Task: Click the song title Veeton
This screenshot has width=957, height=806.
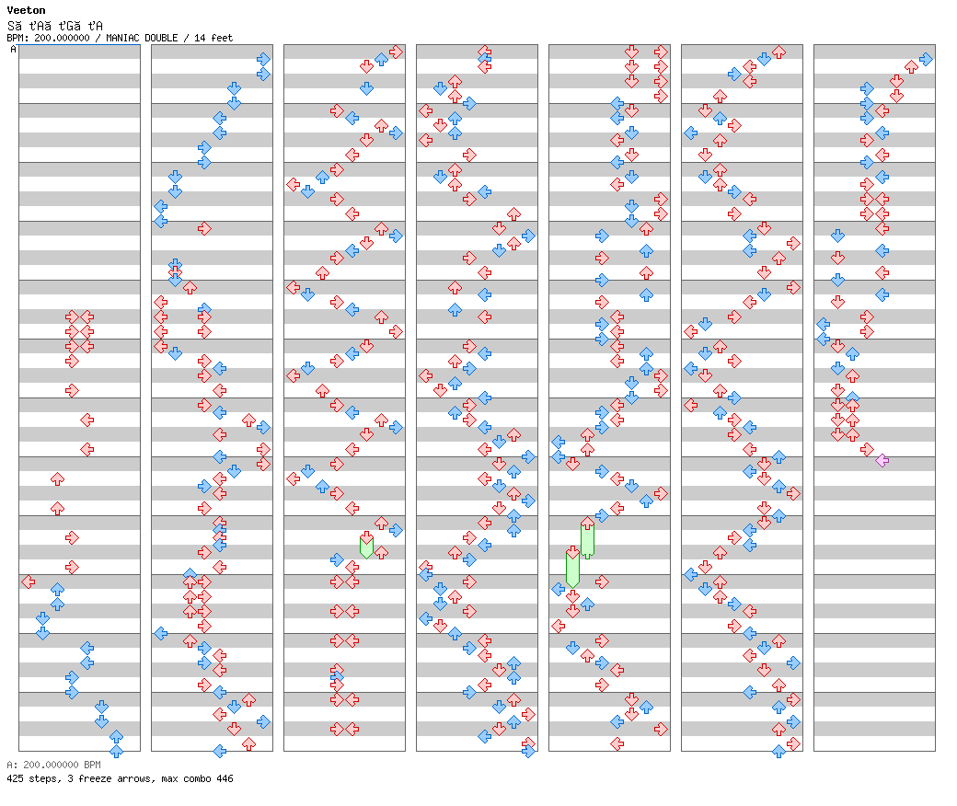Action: (26, 11)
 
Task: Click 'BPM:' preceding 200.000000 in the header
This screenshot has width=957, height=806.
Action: (18, 39)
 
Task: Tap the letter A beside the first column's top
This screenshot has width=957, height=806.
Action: (14, 50)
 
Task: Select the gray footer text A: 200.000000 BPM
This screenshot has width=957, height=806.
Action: (53, 765)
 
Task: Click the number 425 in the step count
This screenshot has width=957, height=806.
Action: (16, 779)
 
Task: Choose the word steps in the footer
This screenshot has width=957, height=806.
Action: (43, 779)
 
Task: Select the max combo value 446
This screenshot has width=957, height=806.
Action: (224, 779)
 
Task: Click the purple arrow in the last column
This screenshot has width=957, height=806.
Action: (882, 460)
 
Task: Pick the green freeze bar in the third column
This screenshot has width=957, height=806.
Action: (366, 547)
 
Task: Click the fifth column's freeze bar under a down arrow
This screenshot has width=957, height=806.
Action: (572, 570)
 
